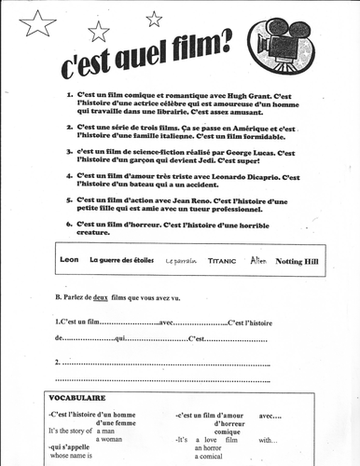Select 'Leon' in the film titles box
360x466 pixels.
tap(68, 261)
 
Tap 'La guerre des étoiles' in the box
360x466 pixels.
tap(121, 261)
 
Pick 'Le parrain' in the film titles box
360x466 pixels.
tap(182, 262)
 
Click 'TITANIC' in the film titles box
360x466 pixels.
tap(222, 262)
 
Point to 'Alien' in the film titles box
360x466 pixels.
tap(258, 261)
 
